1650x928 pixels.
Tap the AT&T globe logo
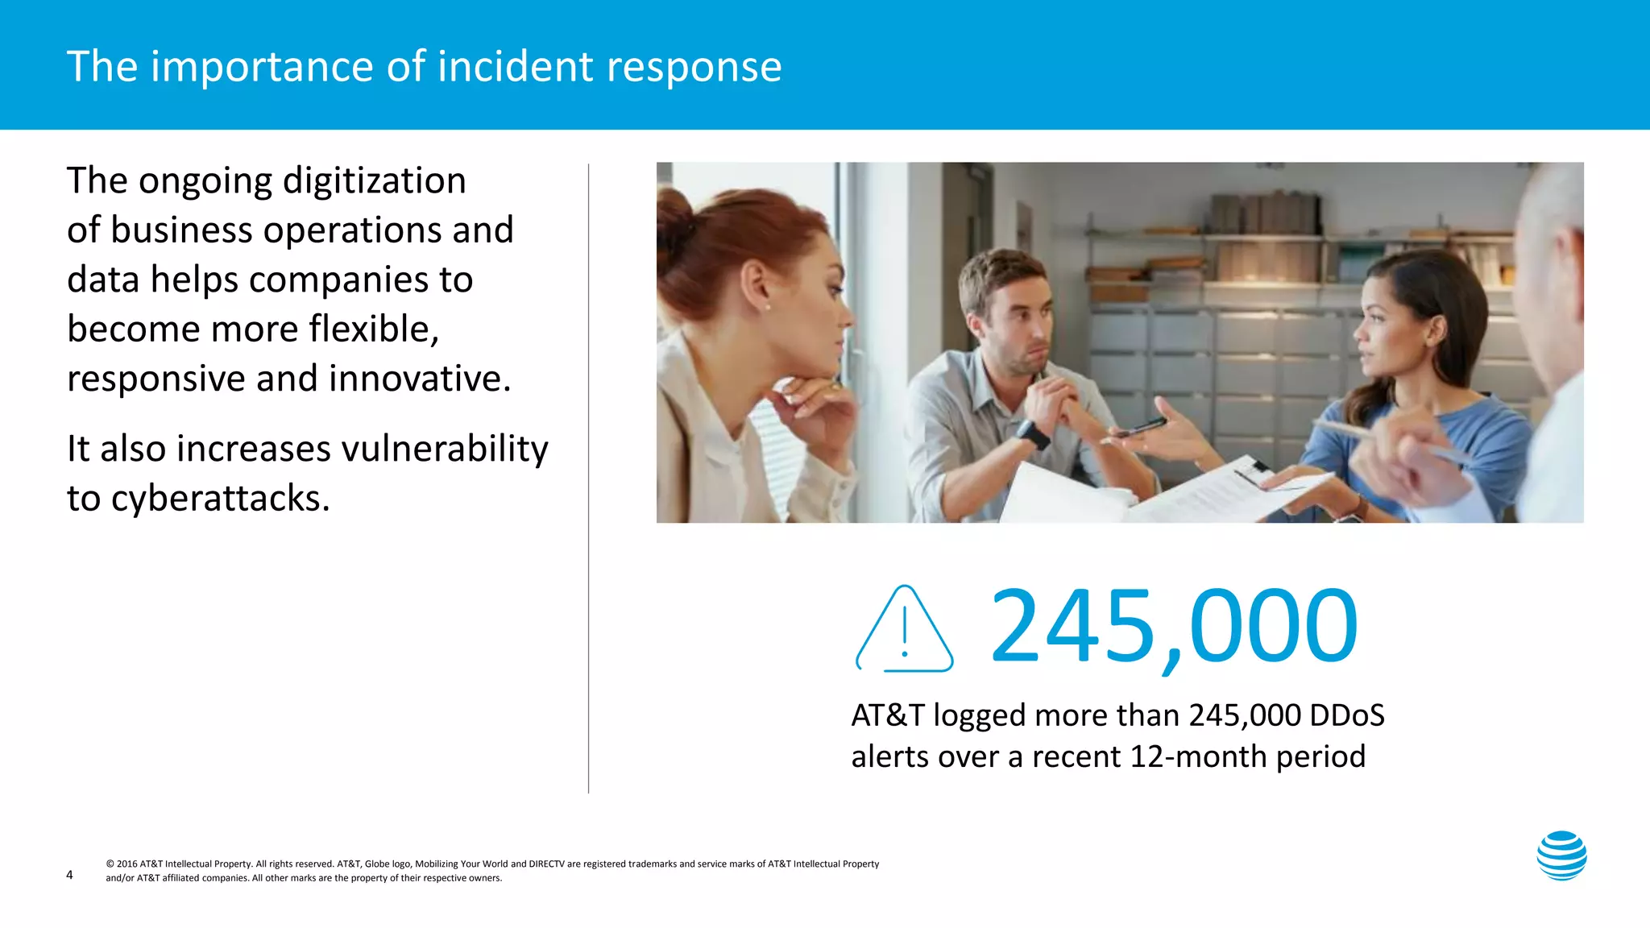(1561, 855)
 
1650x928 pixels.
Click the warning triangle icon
(905, 631)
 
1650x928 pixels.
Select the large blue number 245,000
(1173, 627)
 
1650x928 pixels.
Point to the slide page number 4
(69, 875)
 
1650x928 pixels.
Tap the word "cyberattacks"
(220, 498)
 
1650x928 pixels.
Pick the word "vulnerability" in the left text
(444, 449)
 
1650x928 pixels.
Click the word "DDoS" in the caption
(1346, 715)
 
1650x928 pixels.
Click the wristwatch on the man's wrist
(1032, 434)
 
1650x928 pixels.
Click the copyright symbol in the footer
(110, 864)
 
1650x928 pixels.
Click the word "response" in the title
(694, 66)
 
